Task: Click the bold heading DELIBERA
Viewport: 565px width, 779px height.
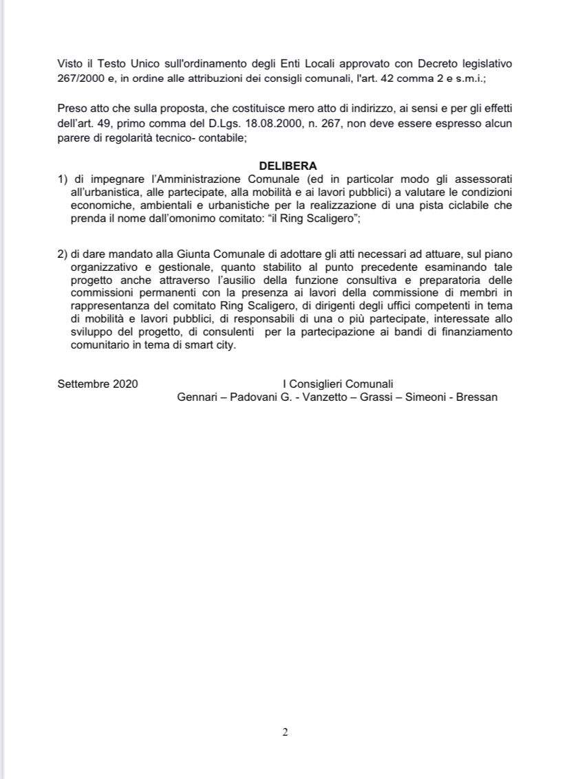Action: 288,166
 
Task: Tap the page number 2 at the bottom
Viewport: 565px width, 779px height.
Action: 285,732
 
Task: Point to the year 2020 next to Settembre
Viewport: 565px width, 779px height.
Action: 125,384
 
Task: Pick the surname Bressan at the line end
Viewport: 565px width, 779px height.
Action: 476,397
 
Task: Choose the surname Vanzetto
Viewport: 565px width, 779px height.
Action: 322,397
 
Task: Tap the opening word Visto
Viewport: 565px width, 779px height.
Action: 70,63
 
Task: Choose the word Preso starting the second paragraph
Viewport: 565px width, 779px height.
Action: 72,110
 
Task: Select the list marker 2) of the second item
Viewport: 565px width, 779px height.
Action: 63,253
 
